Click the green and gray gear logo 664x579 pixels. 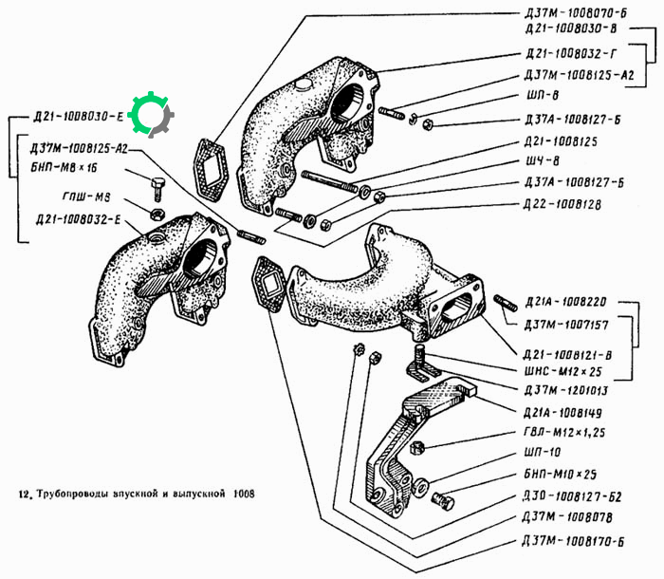coord(151,115)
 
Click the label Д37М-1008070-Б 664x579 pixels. coord(576,13)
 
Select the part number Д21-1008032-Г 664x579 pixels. coord(572,54)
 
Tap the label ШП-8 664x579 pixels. coord(543,95)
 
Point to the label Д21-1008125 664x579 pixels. coord(562,141)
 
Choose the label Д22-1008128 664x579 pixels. coord(563,204)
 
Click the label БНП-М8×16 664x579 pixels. coord(64,167)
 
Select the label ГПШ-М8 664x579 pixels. coord(86,197)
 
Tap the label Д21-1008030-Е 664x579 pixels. coord(78,116)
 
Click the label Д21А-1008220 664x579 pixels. coord(565,302)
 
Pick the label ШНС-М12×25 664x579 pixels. coord(563,372)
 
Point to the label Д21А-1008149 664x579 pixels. coord(563,413)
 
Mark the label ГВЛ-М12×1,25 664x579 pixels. coord(564,433)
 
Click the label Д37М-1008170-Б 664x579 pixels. coord(573,541)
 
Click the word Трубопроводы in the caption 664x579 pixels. coord(74,494)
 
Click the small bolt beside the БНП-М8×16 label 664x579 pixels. coord(157,188)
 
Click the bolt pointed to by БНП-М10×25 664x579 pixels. coord(443,501)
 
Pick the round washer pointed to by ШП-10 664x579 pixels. coord(420,487)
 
